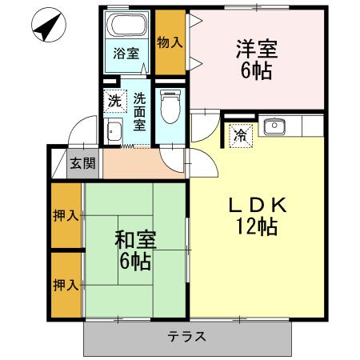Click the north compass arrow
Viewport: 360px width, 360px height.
[46, 29]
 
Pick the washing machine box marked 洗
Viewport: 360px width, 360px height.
[114, 102]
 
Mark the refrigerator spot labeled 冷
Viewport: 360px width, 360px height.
[238, 135]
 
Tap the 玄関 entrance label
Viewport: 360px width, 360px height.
[82, 164]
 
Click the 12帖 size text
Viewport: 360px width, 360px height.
[255, 227]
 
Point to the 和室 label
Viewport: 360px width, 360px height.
[134, 239]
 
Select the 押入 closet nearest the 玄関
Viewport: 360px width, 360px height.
[66, 216]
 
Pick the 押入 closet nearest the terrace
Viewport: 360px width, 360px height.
[66, 285]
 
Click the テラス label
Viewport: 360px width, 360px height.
[186, 337]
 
